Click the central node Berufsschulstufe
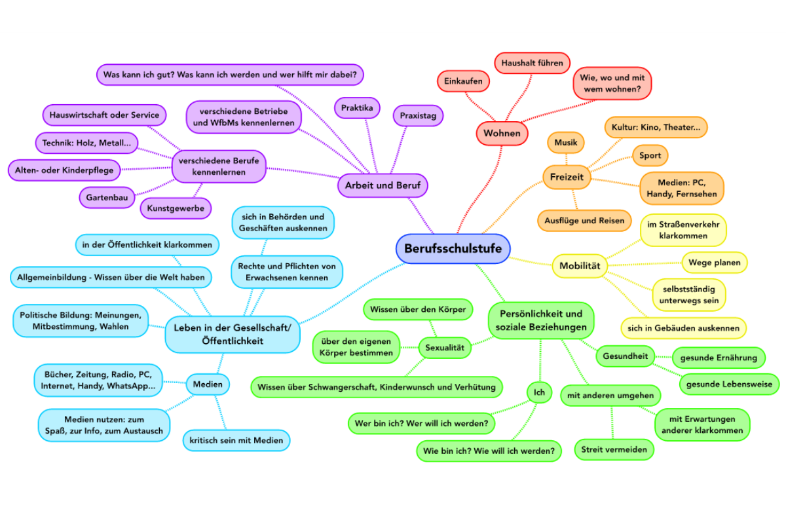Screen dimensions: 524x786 [453, 249]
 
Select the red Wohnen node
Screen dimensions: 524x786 [502, 133]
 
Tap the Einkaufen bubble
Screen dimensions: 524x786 [463, 81]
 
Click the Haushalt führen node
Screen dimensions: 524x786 [532, 64]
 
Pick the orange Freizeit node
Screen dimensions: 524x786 [567, 177]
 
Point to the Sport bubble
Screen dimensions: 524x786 [650, 156]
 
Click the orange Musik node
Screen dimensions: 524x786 [566, 142]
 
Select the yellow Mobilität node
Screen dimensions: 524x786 [580, 265]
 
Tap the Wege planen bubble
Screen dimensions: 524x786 [714, 263]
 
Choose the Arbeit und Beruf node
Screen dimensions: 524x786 [383, 185]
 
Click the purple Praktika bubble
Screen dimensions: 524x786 [357, 107]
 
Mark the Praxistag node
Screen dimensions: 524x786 [418, 116]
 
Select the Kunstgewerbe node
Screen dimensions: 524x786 [176, 208]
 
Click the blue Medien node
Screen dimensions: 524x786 [208, 384]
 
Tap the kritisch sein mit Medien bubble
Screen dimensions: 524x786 [236, 440]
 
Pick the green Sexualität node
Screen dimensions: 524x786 [445, 348]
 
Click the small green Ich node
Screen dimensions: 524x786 [539, 392]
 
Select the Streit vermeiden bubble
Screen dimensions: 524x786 [614, 449]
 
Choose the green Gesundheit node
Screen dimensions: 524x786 [626, 356]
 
